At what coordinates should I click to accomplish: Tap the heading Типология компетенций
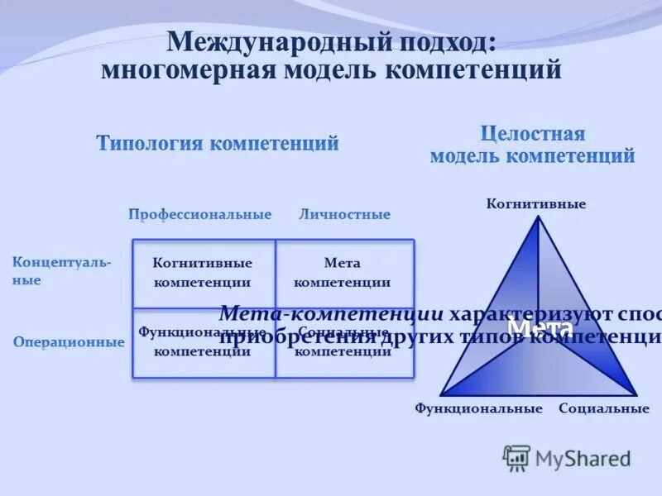tap(218, 144)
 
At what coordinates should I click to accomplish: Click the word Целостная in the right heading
tap(533, 134)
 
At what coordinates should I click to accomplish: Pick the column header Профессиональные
tap(199, 214)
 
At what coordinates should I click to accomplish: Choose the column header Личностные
tap(344, 214)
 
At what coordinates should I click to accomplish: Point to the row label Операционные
tap(69, 342)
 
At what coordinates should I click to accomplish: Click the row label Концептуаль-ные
tap(61, 271)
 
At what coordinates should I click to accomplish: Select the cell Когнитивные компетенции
tap(203, 272)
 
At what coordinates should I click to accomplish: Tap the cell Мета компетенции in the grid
tap(343, 272)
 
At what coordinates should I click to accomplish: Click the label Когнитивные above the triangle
tap(536, 203)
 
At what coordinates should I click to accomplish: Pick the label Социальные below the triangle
tap(604, 408)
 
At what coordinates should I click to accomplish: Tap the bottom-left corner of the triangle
tap(441, 394)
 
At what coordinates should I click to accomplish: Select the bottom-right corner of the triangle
tap(636, 394)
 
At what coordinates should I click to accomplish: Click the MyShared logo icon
tap(517, 457)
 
